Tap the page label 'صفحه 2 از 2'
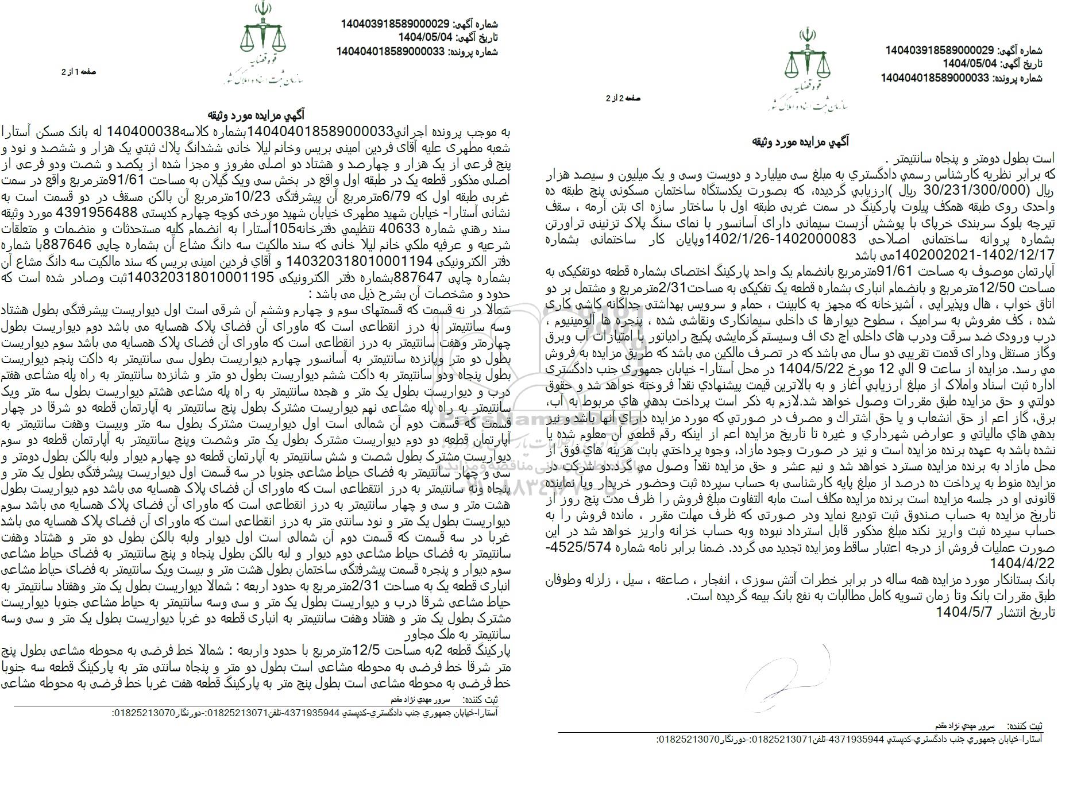pyautogui.click(x=624, y=98)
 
